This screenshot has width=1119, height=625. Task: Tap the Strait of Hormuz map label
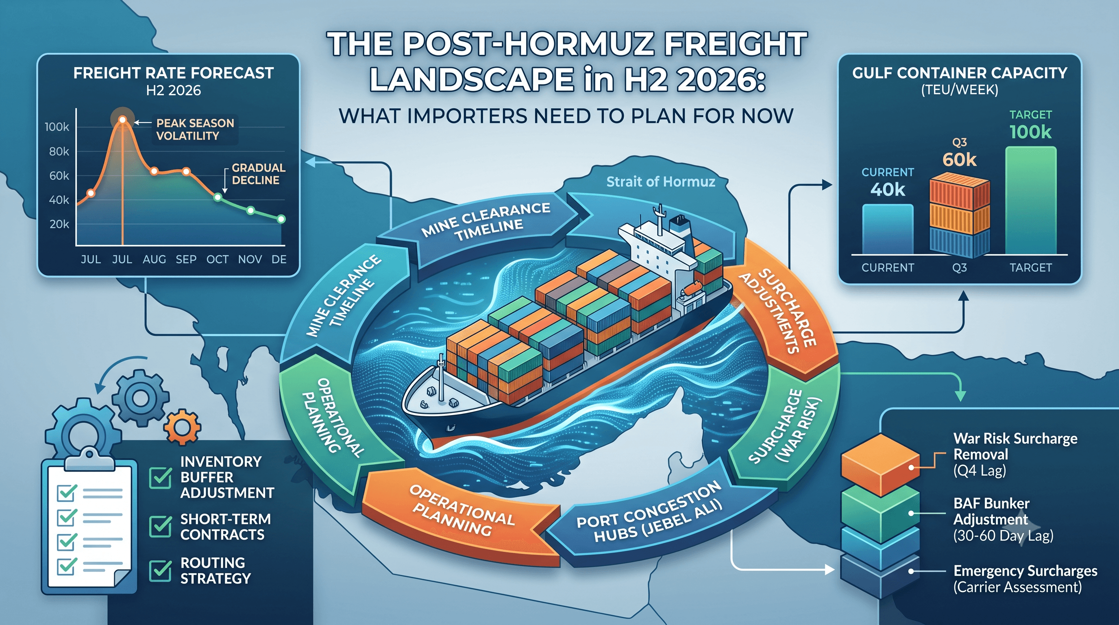coord(660,181)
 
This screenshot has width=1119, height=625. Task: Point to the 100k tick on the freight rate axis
coord(57,127)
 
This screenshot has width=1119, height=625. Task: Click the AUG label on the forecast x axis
coord(154,260)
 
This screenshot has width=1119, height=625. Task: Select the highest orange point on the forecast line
coord(122,120)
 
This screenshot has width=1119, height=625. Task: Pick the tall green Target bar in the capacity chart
coord(1030,200)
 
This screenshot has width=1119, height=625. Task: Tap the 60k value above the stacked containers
coord(959,160)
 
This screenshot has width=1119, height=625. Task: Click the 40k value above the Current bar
coord(888,190)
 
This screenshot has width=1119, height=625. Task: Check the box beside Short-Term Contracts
coord(160,527)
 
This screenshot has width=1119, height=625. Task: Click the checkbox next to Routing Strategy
coord(160,570)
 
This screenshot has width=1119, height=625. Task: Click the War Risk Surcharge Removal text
coord(1015,446)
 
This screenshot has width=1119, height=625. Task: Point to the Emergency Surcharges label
coord(1025,570)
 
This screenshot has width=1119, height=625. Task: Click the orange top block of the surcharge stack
coord(880,464)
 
